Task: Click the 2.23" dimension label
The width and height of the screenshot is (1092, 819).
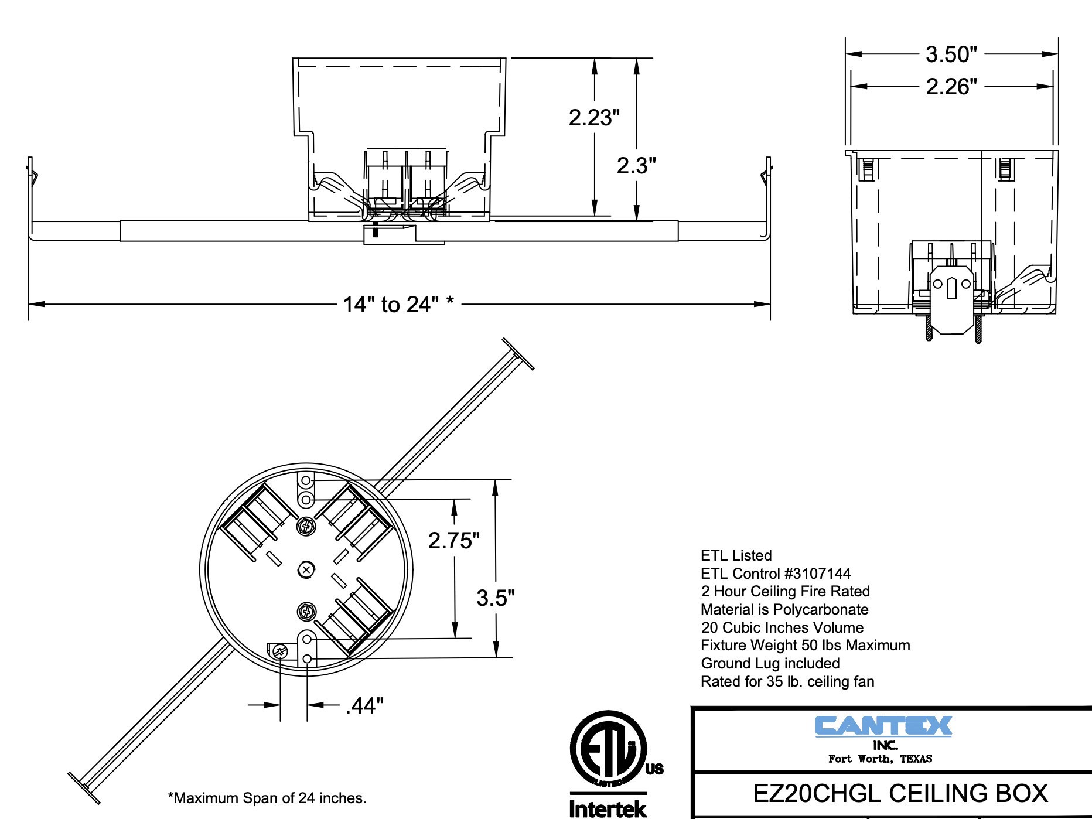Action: [593, 118]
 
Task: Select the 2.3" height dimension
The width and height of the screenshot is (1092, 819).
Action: [636, 166]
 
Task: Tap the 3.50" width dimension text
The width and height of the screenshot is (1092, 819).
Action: [951, 54]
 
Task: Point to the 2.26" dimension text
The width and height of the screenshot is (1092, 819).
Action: [951, 87]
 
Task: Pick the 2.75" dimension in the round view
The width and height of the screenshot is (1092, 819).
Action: [454, 540]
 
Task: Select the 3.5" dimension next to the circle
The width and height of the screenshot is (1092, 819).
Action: [496, 598]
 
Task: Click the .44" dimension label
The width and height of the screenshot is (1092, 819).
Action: [364, 706]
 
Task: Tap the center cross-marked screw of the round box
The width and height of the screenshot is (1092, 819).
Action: [306, 569]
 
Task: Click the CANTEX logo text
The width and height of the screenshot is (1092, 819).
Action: [883, 726]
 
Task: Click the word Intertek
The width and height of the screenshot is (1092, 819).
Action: [608, 809]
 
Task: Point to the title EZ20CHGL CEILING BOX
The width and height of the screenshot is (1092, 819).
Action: [900, 793]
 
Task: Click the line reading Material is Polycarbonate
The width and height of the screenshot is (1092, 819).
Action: [784, 609]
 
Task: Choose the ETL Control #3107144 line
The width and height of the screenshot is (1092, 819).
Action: [776, 574]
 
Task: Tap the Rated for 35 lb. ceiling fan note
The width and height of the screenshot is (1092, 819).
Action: [787, 681]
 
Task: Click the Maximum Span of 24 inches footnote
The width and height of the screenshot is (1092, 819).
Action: [267, 798]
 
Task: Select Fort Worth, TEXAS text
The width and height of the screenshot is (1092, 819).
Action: [880, 759]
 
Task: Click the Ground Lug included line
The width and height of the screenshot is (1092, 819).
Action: [770, 663]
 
